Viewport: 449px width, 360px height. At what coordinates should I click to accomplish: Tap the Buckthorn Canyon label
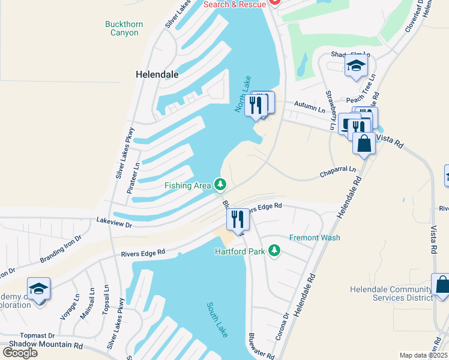(124, 28)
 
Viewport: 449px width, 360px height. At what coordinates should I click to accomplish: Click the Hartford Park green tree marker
(274, 250)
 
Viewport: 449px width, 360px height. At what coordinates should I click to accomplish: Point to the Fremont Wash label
(315, 238)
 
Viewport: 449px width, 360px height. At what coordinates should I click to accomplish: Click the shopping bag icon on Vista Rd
(364, 143)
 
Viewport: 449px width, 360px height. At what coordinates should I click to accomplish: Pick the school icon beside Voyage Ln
(39, 290)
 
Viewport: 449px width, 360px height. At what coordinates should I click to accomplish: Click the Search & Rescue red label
(234, 4)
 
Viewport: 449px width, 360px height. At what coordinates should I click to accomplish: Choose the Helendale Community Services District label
(390, 293)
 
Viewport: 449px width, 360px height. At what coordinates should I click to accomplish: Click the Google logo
(20, 352)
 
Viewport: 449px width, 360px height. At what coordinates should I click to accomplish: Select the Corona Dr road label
(283, 326)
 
